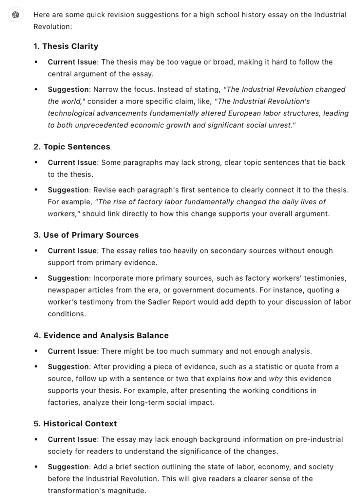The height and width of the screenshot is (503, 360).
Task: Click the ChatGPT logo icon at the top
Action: pyautogui.click(x=15, y=15)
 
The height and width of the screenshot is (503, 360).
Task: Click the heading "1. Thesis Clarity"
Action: pyautogui.click(x=66, y=46)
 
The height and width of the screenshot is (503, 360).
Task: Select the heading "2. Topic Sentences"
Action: pyautogui.click(x=71, y=147)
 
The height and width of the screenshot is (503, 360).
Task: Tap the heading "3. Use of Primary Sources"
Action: pyautogui.click(x=86, y=235)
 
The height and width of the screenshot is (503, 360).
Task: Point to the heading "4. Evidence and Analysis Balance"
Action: pyautogui.click(x=101, y=335)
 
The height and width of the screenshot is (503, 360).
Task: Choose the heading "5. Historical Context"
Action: pyautogui.click(x=75, y=423)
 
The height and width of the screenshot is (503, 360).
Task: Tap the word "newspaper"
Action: pyautogui.click(x=63, y=290)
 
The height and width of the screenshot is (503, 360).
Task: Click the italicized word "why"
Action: pyautogui.click(x=275, y=379)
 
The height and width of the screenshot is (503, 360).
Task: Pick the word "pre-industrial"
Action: pyautogui.click(x=319, y=439)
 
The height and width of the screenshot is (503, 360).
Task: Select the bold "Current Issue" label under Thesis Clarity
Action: pyautogui.click(x=72, y=62)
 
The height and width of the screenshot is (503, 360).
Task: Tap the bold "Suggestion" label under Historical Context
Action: pyautogui.click(x=68, y=467)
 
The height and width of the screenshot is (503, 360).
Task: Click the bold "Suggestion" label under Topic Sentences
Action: pyautogui.click(x=68, y=190)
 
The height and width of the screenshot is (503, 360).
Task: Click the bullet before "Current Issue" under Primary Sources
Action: pyautogui.click(x=36, y=251)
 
